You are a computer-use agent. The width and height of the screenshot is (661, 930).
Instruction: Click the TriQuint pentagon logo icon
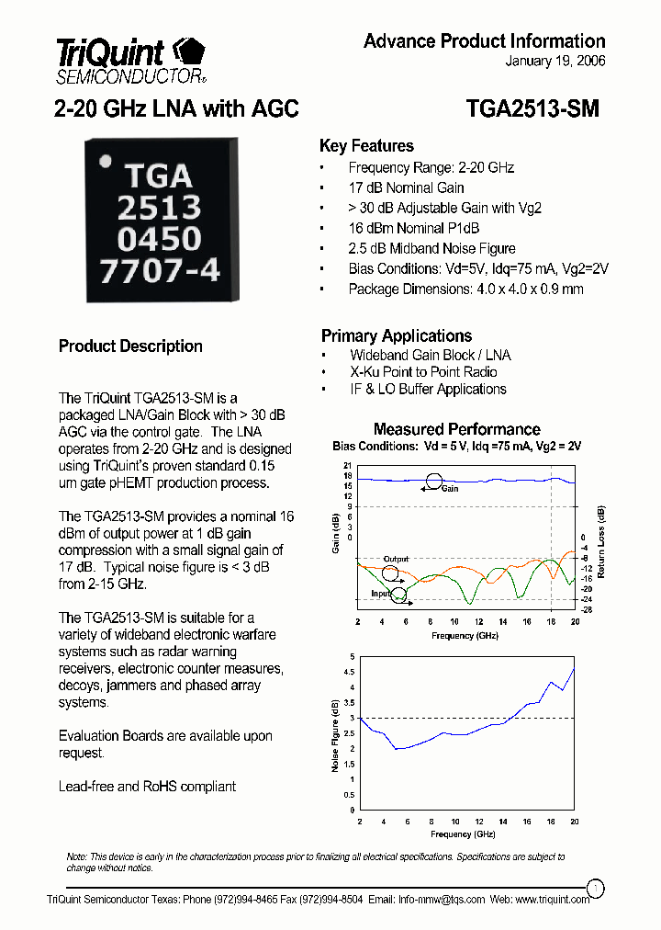tap(189, 51)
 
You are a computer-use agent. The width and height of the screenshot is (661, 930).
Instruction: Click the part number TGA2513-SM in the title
tap(532, 108)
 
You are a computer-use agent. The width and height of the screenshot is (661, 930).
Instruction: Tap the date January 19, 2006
tap(555, 62)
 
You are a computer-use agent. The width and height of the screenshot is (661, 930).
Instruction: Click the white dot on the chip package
tap(106, 161)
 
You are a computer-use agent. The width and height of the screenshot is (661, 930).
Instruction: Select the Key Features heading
tap(366, 146)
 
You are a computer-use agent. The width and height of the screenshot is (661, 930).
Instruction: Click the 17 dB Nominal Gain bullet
tap(406, 187)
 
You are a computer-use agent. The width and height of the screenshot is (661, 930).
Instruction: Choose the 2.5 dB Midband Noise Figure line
tap(431, 248)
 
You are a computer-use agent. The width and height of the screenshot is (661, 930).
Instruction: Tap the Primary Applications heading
tap(396, 335)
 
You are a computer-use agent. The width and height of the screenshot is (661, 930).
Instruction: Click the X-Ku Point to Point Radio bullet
tap(423, 372)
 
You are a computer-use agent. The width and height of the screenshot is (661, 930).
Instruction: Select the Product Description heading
tap(130, 346)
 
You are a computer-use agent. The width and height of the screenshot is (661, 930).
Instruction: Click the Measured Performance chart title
tap(456, 429)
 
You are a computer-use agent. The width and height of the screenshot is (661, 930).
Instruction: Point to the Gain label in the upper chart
tap(450, 489)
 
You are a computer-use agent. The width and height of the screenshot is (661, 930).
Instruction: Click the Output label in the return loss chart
tap(396, 559)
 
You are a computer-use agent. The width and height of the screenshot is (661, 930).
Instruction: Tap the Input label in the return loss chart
tap(381, 594)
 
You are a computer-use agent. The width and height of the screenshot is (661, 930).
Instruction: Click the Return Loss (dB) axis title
tap(601, 542)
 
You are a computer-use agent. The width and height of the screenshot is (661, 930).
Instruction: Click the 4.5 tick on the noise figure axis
tap(349, 672)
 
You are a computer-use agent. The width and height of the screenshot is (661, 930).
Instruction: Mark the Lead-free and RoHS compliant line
tap(147, 787)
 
